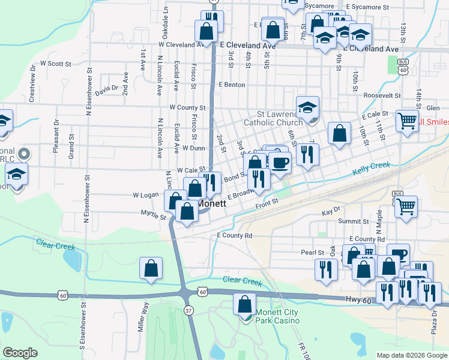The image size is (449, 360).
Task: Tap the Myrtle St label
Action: coord(153,214)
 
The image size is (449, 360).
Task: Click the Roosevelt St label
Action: coord(382,95)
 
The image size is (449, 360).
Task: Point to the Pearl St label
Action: coord(312,253)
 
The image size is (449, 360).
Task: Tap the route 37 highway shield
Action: coord(189,310)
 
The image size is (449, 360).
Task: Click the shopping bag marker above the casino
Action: coord(244,304)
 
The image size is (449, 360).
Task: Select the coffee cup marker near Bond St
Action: coord(279,162)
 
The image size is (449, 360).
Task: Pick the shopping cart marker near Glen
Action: coord(408,121)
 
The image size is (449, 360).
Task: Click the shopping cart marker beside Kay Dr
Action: coord(407,207)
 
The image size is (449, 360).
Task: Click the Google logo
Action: coord(20,353)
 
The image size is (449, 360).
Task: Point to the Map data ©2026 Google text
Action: coord(411,355)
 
